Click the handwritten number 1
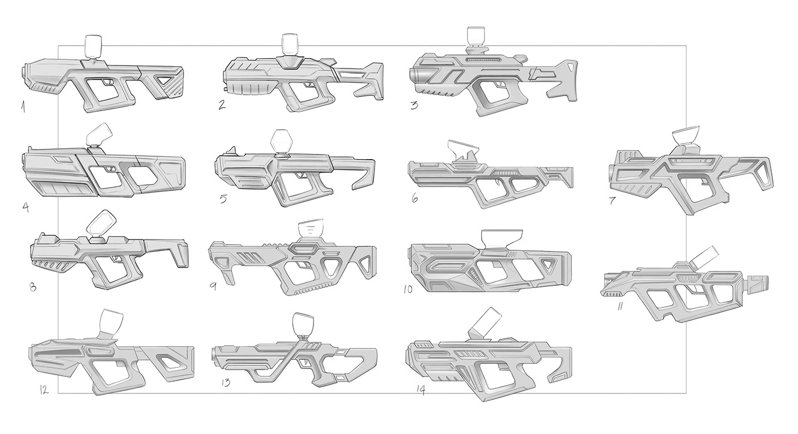22,106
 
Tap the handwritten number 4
26,204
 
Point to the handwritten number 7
613,201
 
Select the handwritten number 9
213,285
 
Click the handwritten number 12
44,390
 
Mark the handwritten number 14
421,390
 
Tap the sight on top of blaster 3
476,36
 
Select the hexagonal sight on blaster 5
281,140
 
